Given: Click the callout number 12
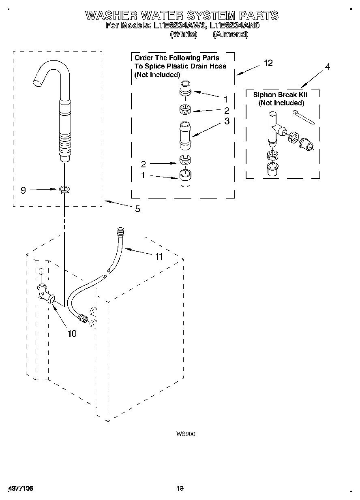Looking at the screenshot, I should pos(268,63).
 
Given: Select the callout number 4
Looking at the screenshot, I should pos(327,66).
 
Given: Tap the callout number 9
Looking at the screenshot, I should pos(23,190).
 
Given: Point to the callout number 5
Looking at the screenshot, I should pos(137,209).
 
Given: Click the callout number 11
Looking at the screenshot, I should pos(159,256).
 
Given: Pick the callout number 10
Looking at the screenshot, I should pos(71,333).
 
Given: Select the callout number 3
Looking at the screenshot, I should pos(227,121).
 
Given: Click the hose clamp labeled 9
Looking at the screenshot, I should pos(64,189).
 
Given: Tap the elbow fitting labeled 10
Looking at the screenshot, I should pos(46,294).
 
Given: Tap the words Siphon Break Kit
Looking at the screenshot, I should pos(280,95).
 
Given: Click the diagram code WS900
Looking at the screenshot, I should pos(186,434).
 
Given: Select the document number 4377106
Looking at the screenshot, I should pos(20,488).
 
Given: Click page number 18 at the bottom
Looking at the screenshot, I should pos(180,488).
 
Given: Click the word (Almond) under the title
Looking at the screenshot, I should pos(230,34).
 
